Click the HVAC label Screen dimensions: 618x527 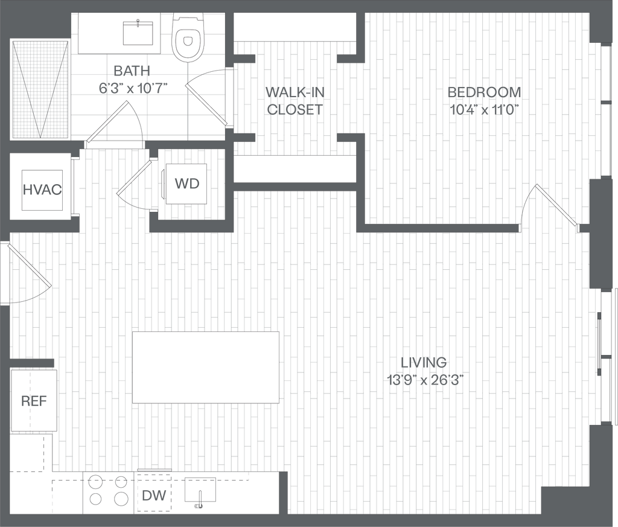[42, 190]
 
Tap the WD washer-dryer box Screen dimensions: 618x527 [186, 184]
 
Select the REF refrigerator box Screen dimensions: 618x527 [34, 400]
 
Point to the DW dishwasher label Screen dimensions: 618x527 [154, 497]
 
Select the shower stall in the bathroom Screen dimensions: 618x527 [40, 89]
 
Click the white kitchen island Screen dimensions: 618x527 [205, 367]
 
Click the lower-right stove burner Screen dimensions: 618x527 [121, 499]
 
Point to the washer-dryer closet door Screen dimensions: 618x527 [133, 178]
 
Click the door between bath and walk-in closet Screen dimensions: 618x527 [206, 104]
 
